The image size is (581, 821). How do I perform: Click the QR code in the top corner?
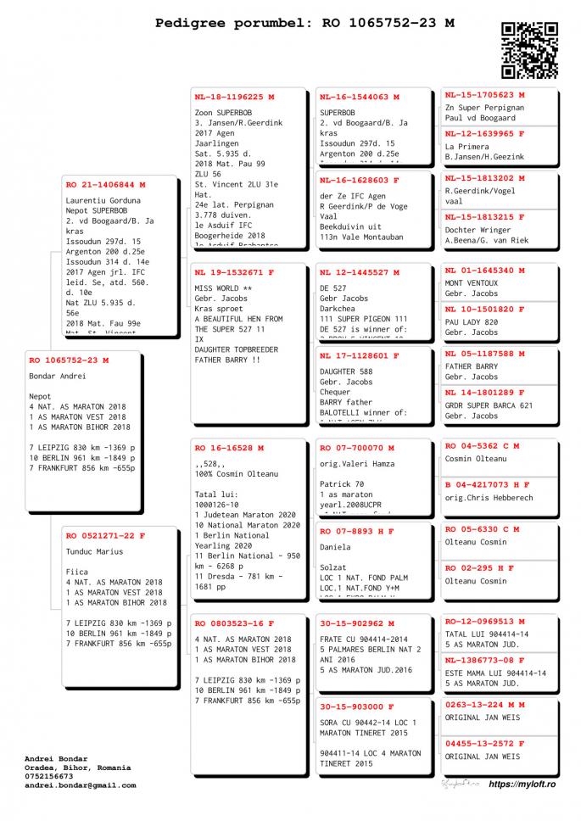tap(529, 50)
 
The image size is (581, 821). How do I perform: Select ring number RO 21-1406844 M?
tap(106, 184)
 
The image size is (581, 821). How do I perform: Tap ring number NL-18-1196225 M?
tap(234, 97)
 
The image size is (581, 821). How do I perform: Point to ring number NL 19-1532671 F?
tap(234, 273)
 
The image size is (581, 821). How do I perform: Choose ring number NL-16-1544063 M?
tap(360, 97)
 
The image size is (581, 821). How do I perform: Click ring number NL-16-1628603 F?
tap(360, 181)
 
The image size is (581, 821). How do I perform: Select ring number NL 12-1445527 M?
tap(360, 273)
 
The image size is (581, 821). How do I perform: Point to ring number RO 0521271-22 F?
tap(106, 536)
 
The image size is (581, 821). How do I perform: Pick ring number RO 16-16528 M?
tap(229, 448)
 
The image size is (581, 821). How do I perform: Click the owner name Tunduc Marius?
tap(94, 552)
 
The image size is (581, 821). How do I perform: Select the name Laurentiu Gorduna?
tap(103, 201)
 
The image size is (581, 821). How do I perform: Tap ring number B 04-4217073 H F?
tap(488, 485)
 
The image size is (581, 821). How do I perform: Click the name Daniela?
tap(336, 548)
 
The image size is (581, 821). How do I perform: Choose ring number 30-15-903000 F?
tap(357, 707)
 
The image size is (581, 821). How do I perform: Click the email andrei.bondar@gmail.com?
tap(80, 785)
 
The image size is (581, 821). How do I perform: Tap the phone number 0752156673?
tap(49, 776)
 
